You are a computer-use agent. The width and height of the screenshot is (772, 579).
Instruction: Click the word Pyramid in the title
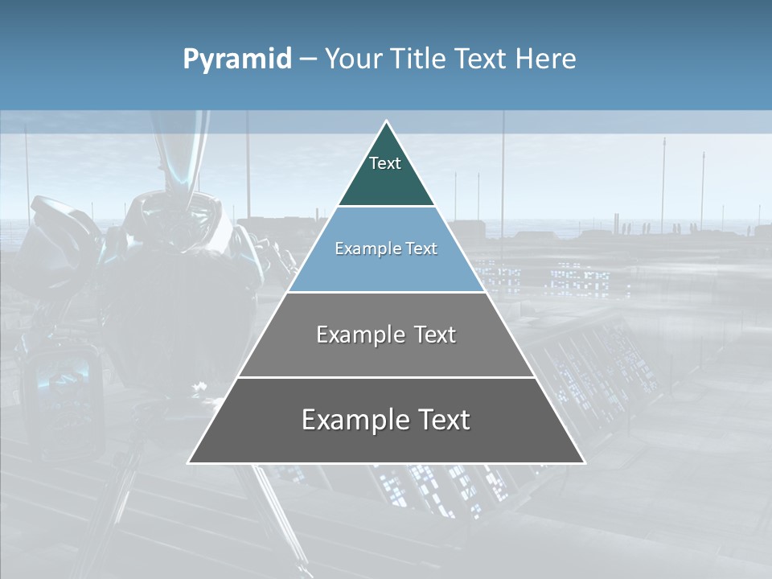click(x=236, y=60)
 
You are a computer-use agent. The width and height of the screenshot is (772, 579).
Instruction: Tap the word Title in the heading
click(x=419, y=60)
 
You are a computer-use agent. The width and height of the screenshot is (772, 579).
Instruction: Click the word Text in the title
click(x=482, y=60)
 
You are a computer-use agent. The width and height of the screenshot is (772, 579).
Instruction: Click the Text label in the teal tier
click(x=385, y=163)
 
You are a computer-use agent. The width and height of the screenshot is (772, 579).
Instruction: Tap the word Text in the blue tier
click(x=421, y=248)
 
